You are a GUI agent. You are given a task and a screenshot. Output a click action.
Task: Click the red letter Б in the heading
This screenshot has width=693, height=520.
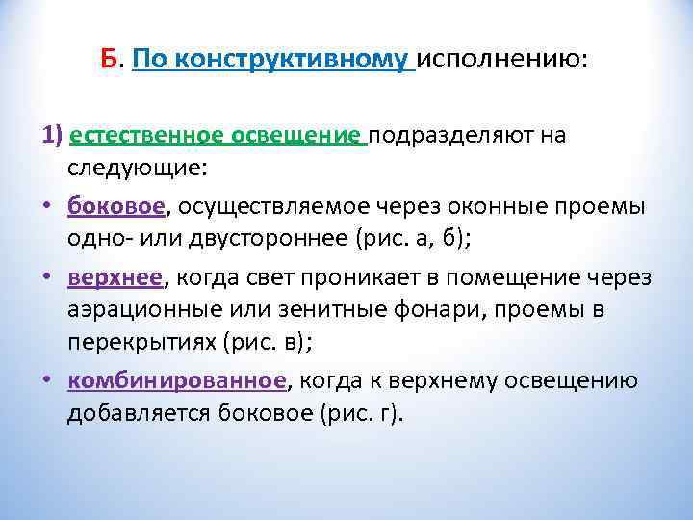[x=109, y=61]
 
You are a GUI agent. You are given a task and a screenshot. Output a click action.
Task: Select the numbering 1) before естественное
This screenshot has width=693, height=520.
[x=52, y=134]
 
